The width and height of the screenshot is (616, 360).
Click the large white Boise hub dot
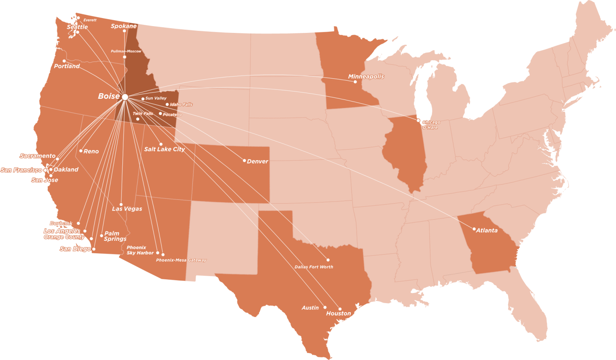pyautogui.click(x=125, y=97)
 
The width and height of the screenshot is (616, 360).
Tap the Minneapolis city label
pyautogui.click(x=366, y=76)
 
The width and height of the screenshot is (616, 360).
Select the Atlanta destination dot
pyautogui.click(x=474, y=229)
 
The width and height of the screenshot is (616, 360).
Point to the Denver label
pyautogui.click(x=257, y=161)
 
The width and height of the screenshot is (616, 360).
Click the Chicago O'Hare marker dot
pyautogui.click(x=418, y=120)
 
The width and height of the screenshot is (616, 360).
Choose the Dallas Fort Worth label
pyautogui.click(x=314, y=267)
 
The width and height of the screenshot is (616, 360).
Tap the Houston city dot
pyautogui.click(x=340, y=309)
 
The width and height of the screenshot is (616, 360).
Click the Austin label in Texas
pyautogui.click(x=310, y=308)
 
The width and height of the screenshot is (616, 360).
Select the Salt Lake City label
pyautogui.click(x=164, y=149)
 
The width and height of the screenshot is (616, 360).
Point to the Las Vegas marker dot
pyautogui.click(x=121, y=204)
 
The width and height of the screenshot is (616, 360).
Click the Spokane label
pyautogui.click(x=124, y=26)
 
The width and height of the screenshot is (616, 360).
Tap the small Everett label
pyautogui.click(x=90, y=20)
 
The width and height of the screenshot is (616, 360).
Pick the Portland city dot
pyautogui.click(x=64, y=61)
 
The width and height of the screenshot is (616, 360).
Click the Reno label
pyautogui.click(x=91, y=151)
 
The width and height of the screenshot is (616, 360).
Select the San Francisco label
pyautogui.click(x=21, y=170)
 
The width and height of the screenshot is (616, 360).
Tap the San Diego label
pyautogui.click(x=75, y=249)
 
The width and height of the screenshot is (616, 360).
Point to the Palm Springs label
pyautogui.click(x=115, y=236)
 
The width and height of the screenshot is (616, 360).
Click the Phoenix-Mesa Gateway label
pyautogui.click(x=181, y=260)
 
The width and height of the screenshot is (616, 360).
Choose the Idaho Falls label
pyautogui.click(x=181, y=104)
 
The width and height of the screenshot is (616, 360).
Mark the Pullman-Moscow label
pyautogui.click(x=126, y=51)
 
